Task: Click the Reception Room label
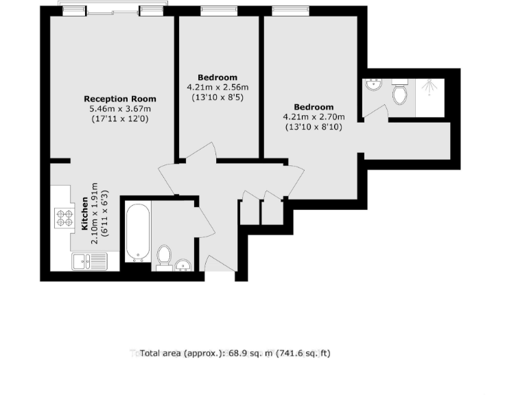120,99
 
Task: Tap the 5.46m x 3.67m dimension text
120,108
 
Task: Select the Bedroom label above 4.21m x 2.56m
218,77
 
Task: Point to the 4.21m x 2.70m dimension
314,117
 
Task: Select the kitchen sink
89,260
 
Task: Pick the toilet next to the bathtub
164,256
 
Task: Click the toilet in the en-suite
400,93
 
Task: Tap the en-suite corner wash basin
373,86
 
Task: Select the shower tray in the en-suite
430,97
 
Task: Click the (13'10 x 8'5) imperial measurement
218,97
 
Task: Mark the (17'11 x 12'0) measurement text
120,119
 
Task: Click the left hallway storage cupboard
250,211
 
